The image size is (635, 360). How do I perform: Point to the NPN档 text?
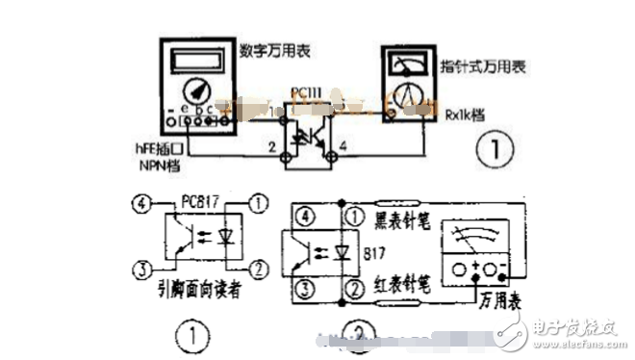point(157,167)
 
